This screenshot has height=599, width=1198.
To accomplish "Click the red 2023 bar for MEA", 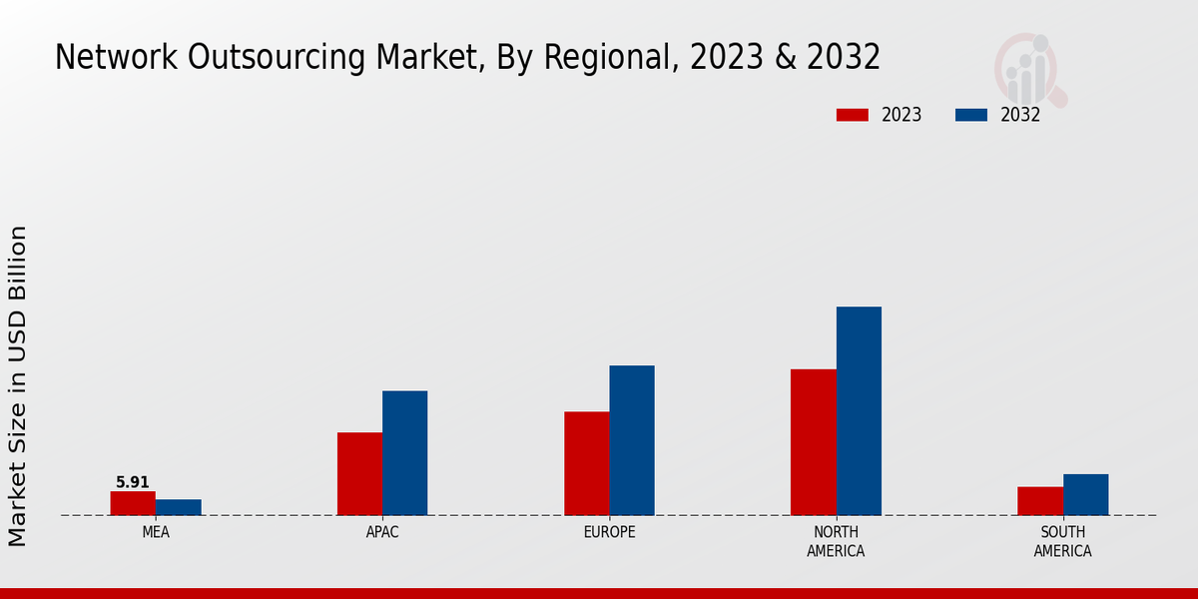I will [133, 503].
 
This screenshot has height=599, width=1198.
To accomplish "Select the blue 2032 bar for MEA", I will [178, 507].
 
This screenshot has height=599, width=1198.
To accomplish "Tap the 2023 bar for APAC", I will [359, 474].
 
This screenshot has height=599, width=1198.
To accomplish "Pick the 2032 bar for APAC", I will [404, 453].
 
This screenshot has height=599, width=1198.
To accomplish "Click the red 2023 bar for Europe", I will [586, 463].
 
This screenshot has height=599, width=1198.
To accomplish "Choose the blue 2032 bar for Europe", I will [632, 440].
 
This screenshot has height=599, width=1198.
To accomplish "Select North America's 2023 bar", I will [813, 442].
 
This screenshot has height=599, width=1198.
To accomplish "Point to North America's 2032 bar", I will [859, 411].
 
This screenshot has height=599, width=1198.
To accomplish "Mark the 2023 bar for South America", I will [1039, 501].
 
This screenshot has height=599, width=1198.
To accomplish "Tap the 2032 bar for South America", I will [1085, 495].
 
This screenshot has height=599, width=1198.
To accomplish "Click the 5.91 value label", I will [133, 482].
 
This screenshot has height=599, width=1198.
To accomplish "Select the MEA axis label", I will [156, 532].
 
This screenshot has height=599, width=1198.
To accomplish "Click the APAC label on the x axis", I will [382, 532].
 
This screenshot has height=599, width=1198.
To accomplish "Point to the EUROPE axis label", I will [609, 532].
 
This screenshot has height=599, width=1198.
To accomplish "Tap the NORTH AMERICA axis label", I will [836, 541].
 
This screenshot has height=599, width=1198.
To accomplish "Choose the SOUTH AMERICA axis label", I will [1062, 541].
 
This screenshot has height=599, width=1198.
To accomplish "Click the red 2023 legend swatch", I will [853, 115].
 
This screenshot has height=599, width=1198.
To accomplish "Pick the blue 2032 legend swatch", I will [971, 115].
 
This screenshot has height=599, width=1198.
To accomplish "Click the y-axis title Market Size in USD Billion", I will [18, 385].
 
